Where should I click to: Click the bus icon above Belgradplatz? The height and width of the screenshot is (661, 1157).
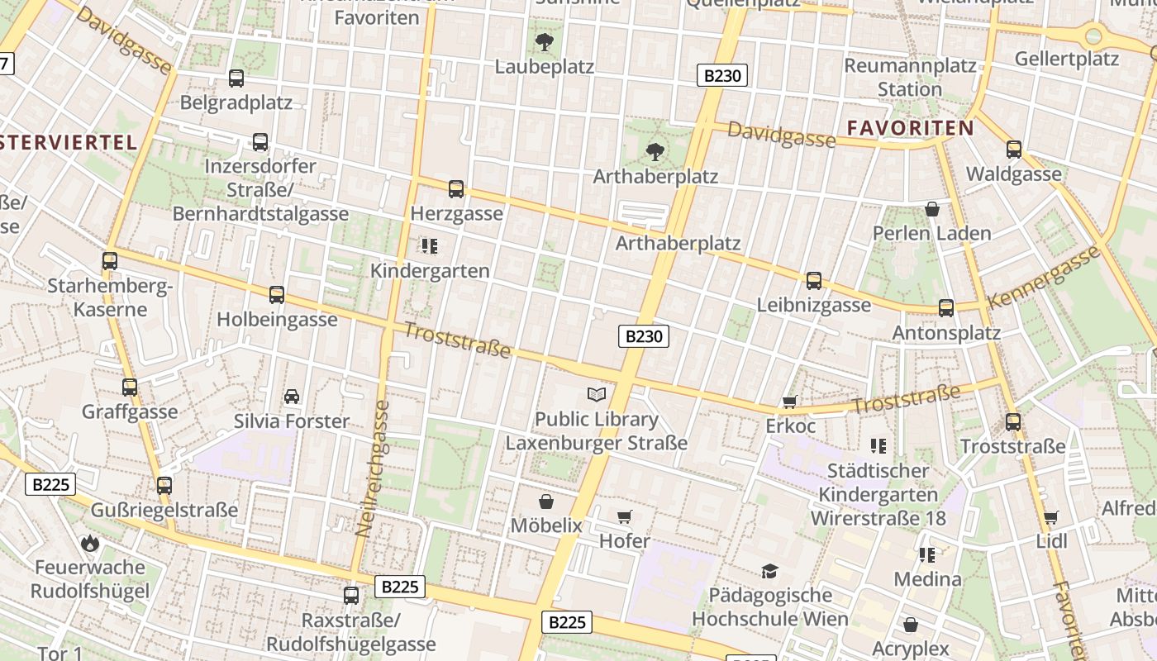tap(236, 78)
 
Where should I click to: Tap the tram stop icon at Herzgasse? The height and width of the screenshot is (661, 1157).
tap(456, 189)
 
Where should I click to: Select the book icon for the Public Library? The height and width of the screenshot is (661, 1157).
tap(596, 394)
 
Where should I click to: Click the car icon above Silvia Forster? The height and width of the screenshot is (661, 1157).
tap(292, 397)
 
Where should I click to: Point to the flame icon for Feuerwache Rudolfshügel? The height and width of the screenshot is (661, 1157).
tap(90, 543)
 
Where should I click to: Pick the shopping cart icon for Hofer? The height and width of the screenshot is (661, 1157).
tap(625, 517)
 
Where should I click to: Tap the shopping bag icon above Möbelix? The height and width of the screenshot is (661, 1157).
tap(546, 502)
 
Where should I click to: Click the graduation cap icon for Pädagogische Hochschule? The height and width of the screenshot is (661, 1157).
tap(770, 571)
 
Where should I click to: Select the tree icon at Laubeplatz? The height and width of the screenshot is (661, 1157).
tap(545, 42)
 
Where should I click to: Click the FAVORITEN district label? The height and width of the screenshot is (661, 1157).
tap(911, 128)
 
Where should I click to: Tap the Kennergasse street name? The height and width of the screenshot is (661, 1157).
tap(1045, 277)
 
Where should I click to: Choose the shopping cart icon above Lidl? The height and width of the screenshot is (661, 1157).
tap(1051, 518)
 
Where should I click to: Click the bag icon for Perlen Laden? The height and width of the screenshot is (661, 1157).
tap(932, 209)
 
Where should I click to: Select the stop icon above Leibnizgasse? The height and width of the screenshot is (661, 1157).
tap(814, 281)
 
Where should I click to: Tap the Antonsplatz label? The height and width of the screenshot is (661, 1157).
tap(946, 333)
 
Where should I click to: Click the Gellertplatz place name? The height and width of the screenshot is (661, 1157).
tap(1066, 59)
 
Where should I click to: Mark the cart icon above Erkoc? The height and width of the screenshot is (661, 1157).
tap(790, 402)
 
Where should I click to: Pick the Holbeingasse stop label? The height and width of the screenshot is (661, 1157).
tap(277, 319)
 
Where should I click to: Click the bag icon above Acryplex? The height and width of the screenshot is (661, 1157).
tap(911, 625)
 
